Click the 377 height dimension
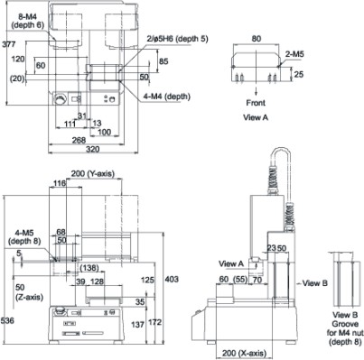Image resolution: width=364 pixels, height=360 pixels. coord(8,44)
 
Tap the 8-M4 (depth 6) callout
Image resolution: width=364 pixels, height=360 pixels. coord(28,21)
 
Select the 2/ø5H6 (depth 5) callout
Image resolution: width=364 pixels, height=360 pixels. coord(177,39)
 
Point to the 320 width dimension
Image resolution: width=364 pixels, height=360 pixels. coord(92,149)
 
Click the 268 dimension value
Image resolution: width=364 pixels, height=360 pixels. coord(79,141)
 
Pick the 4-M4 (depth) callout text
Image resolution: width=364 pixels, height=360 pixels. coord(167,97)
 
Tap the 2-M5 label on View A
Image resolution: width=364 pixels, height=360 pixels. coord(294,54)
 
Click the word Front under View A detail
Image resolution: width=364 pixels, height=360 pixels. coord(256,103)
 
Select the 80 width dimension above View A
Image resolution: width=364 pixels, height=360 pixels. coord(256,39)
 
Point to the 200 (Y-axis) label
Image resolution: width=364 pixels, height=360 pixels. coord(93,174)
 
